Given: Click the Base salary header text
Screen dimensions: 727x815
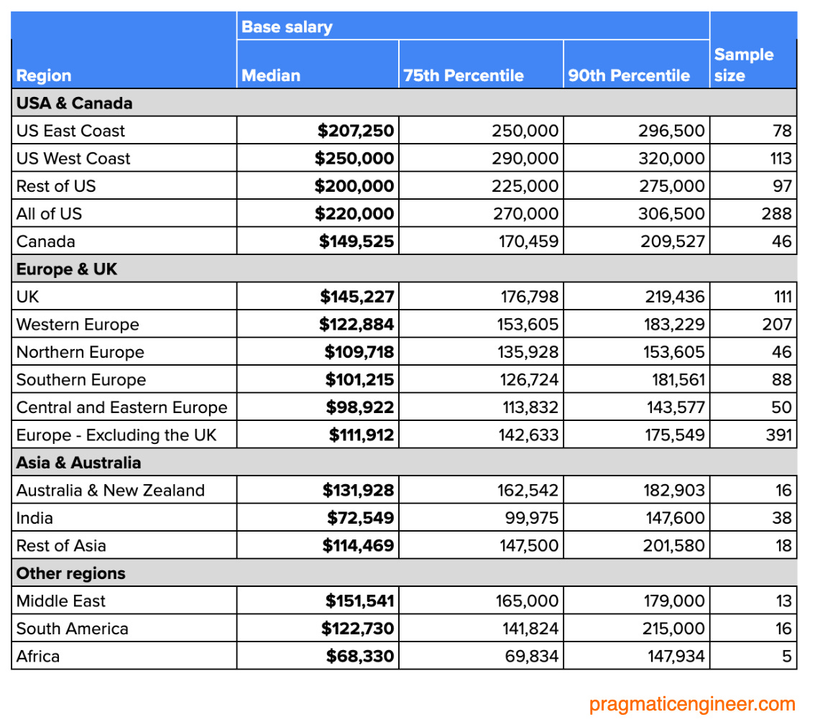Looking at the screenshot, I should (x=287, y=27).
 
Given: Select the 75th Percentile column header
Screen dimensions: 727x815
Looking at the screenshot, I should (x=464, y=75).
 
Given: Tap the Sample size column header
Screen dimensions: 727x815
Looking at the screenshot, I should (x=744, y=65).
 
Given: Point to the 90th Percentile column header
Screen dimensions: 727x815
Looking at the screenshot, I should (x=629, y=75).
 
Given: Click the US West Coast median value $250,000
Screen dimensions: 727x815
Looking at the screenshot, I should (x=354, y=158).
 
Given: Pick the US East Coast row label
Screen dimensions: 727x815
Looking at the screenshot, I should (x=70, y=131).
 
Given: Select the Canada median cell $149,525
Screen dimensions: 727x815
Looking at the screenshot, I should (x=356, y=241).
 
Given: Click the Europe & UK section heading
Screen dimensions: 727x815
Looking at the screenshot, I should (x=66, y=269).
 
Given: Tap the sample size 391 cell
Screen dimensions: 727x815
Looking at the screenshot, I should (x=778, y=435).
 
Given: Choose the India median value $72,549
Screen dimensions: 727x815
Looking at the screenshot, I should (x=360, y=518).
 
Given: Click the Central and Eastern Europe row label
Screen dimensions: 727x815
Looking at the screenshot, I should (x=121, y=407).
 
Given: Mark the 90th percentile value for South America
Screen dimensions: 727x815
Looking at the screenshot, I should (x=673, y=629).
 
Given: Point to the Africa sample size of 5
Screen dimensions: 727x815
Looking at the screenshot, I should (x=786, y=656).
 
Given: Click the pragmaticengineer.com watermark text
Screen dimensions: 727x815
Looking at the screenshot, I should (x=692, y=704).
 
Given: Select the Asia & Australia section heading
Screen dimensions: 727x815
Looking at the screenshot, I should (x=78, y=463).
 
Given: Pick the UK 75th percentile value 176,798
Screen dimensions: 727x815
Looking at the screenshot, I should (x=528, y=297).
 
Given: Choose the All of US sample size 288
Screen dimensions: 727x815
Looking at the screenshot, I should (x=777, y=213).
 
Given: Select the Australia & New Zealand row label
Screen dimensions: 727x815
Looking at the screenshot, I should (x=110, y=491).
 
